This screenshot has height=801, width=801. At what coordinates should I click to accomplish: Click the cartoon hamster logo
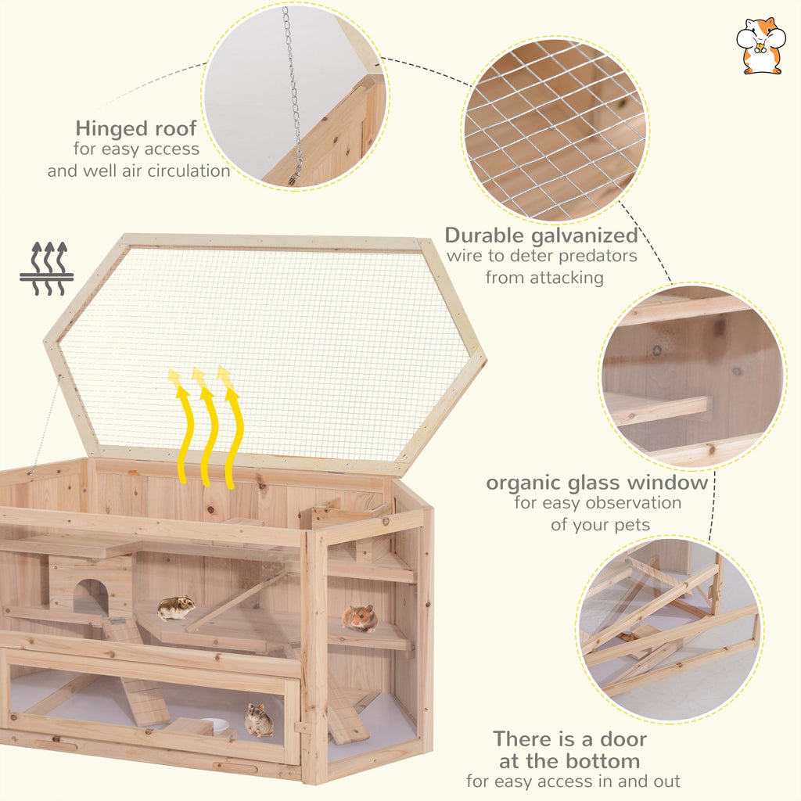(x=760, y=46)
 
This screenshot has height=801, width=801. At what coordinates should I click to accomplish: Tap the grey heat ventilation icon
(x=47, y=268)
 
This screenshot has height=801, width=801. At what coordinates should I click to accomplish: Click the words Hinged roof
(x=136, y=128)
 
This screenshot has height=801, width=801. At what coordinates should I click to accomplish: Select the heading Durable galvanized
(x=541, y=235)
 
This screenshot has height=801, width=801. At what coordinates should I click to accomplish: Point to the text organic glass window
(x=597, y=482)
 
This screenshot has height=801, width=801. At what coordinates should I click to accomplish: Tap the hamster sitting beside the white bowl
(x=258, y=720)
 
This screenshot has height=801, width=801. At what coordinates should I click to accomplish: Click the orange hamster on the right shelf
(x=360, y=618)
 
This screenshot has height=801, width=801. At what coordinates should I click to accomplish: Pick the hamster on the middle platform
(x=176, y=608)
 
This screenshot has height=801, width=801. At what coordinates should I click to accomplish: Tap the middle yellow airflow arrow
(x=206, y=426)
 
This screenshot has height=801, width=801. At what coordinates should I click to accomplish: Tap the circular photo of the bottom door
(x=670, y=628)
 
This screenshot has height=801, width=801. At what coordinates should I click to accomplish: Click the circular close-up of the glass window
(x=692, y=375)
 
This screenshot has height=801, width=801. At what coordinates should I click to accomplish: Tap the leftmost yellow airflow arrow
(x=181, y=426)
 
